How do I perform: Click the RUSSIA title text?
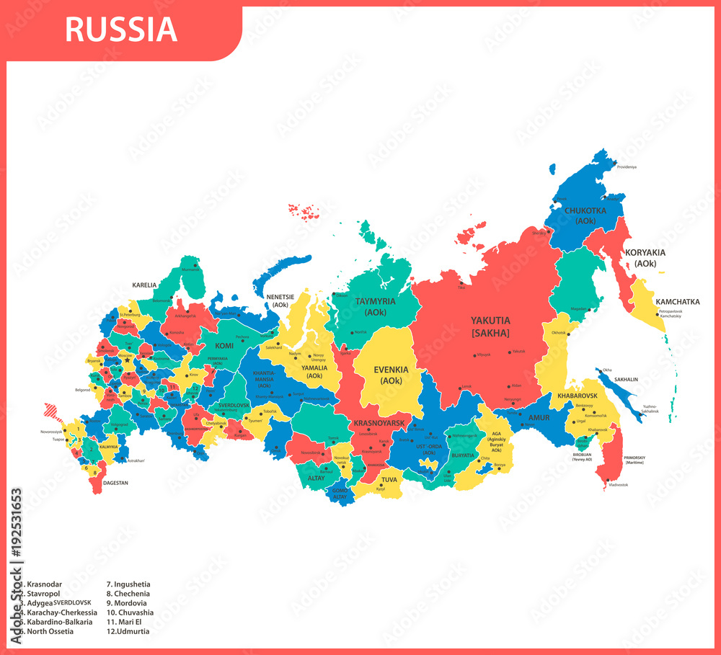point(120,30)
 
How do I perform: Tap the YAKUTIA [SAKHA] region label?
point(490,326)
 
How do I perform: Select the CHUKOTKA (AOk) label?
point(585,215)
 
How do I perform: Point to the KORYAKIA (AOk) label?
point(645,258)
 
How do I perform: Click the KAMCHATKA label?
point(677,302)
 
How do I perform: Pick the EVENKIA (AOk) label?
point(391,375)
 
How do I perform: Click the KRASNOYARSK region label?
point(378,423)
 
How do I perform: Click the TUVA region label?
point(389,479)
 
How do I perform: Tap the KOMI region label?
point(224,346)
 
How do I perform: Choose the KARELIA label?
point(143,285)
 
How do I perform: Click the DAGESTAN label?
point(115,483)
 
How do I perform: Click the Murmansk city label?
point(190,269)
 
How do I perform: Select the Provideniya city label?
point(626,167)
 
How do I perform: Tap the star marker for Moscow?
point(127,360)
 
